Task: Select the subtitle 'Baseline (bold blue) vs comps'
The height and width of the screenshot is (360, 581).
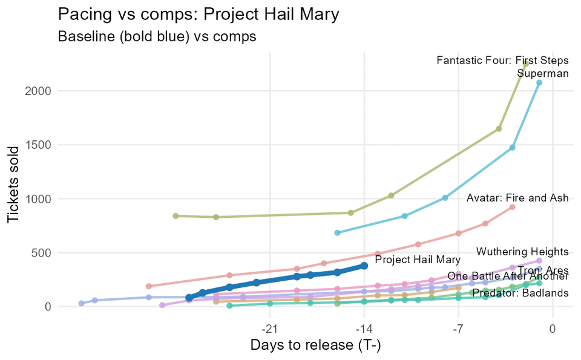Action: pos(157,36)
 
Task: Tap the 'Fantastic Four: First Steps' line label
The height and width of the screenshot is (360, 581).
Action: pos(502,61)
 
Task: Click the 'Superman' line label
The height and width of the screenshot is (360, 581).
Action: pos(543,74)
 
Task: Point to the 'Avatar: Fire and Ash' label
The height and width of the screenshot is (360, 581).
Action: pos(517,198)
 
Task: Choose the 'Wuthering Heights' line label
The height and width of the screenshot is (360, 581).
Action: pos(522,252)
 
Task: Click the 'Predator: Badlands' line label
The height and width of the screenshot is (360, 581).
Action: pos(520,293)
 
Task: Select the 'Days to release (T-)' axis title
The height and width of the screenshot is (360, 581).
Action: pos(315,345)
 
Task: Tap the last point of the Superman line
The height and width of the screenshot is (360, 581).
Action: pos(539,83)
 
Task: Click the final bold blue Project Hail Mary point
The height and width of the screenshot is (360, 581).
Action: pos(364,266)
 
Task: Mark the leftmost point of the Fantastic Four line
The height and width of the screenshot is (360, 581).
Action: pos(176,216)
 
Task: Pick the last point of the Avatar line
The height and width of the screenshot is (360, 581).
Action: pos(512,207)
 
